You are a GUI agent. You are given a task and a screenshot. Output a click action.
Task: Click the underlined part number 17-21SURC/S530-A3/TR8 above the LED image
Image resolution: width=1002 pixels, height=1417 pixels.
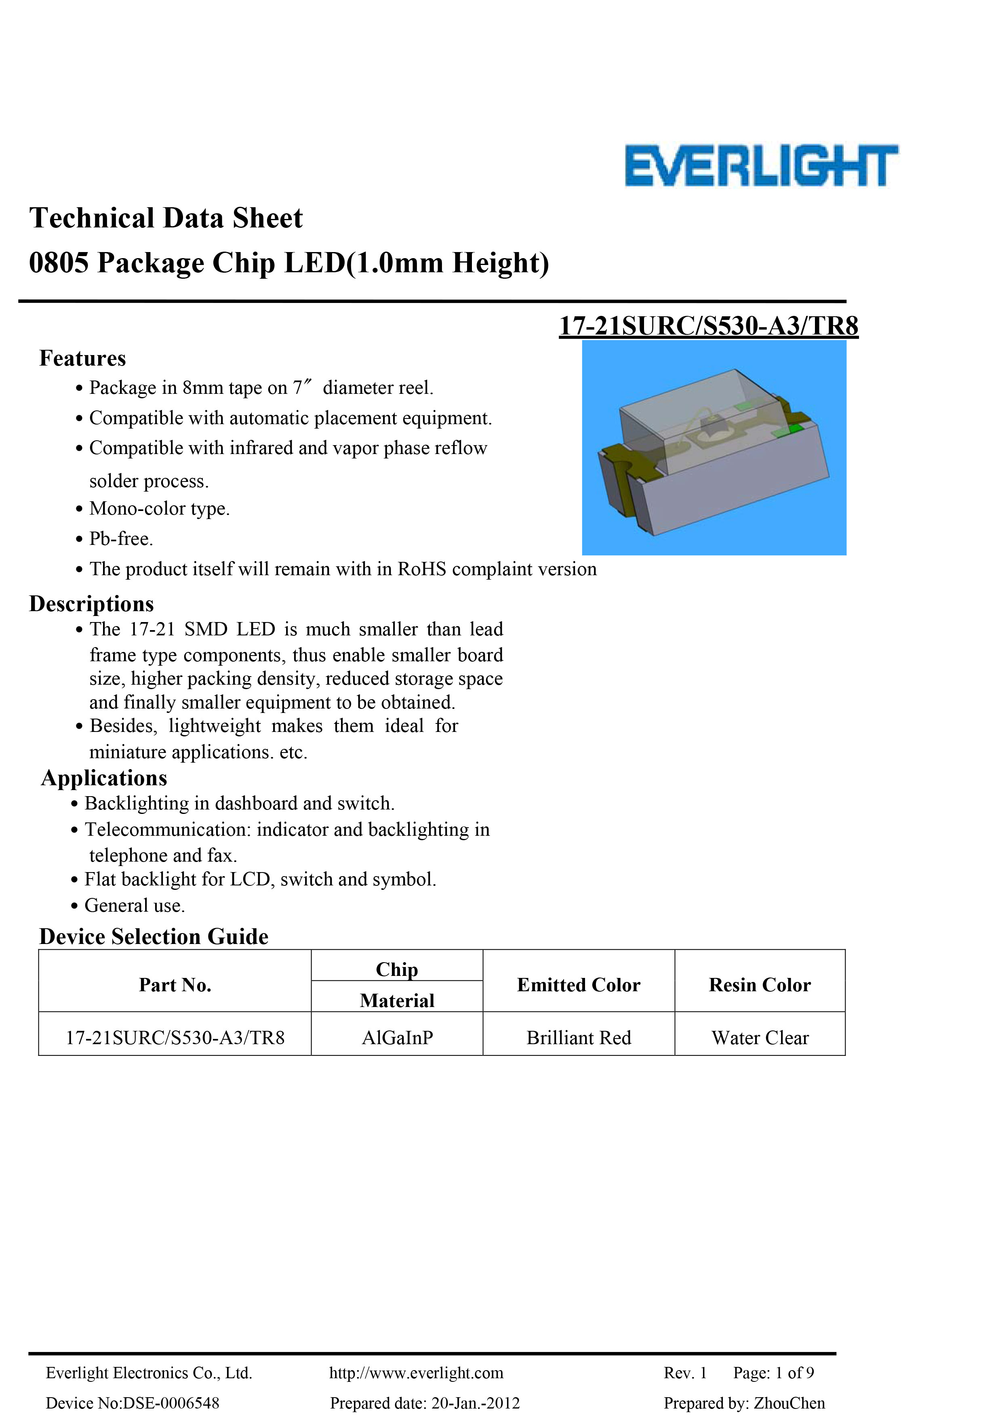708,326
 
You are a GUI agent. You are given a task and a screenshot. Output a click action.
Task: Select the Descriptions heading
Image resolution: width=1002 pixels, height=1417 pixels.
91,603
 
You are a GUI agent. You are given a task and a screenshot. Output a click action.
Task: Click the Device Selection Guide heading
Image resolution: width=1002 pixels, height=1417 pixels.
154,936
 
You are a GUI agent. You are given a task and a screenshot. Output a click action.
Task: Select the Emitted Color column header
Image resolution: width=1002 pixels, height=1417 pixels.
579,984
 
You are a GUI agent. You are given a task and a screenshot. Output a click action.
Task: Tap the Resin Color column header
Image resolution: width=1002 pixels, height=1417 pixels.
759,984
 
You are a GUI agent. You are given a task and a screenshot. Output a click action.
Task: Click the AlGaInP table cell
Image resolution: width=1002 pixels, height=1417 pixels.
397,1037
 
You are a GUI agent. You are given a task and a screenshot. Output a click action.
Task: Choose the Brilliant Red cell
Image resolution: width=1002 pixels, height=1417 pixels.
579,1037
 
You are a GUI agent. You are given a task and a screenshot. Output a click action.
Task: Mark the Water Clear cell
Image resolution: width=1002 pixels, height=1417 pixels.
759,1037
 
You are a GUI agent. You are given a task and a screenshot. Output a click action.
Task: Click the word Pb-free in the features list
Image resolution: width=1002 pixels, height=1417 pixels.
120,539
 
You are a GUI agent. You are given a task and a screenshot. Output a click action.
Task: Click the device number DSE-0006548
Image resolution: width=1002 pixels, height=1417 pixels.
171,1403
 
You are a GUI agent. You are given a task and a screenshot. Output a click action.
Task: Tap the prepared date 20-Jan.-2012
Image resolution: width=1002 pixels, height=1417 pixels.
476,1403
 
